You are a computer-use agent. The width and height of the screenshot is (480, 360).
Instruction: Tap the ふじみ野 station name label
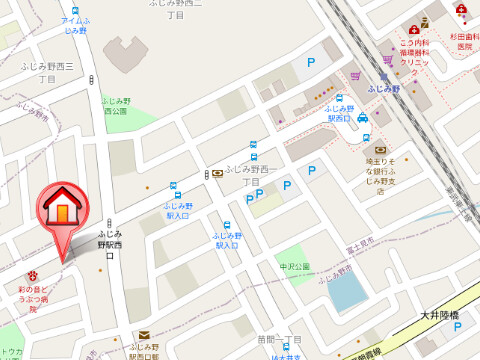tap(383, 89)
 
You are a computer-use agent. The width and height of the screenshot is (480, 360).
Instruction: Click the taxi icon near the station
tap(363, 114)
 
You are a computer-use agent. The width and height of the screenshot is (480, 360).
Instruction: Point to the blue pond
tap(347, 289)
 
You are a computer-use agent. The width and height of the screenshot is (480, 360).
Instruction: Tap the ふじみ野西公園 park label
tap(115, 105)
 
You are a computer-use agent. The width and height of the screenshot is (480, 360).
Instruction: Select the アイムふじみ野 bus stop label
tap(74, 25)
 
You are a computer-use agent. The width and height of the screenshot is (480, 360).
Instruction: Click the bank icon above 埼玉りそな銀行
tap(380, 149)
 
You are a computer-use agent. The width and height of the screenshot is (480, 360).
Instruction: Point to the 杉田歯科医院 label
tap(463, 40)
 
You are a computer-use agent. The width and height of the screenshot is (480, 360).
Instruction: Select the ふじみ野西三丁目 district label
tap(47, 71)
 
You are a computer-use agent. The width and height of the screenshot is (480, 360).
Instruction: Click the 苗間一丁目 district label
tap(279, 339)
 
